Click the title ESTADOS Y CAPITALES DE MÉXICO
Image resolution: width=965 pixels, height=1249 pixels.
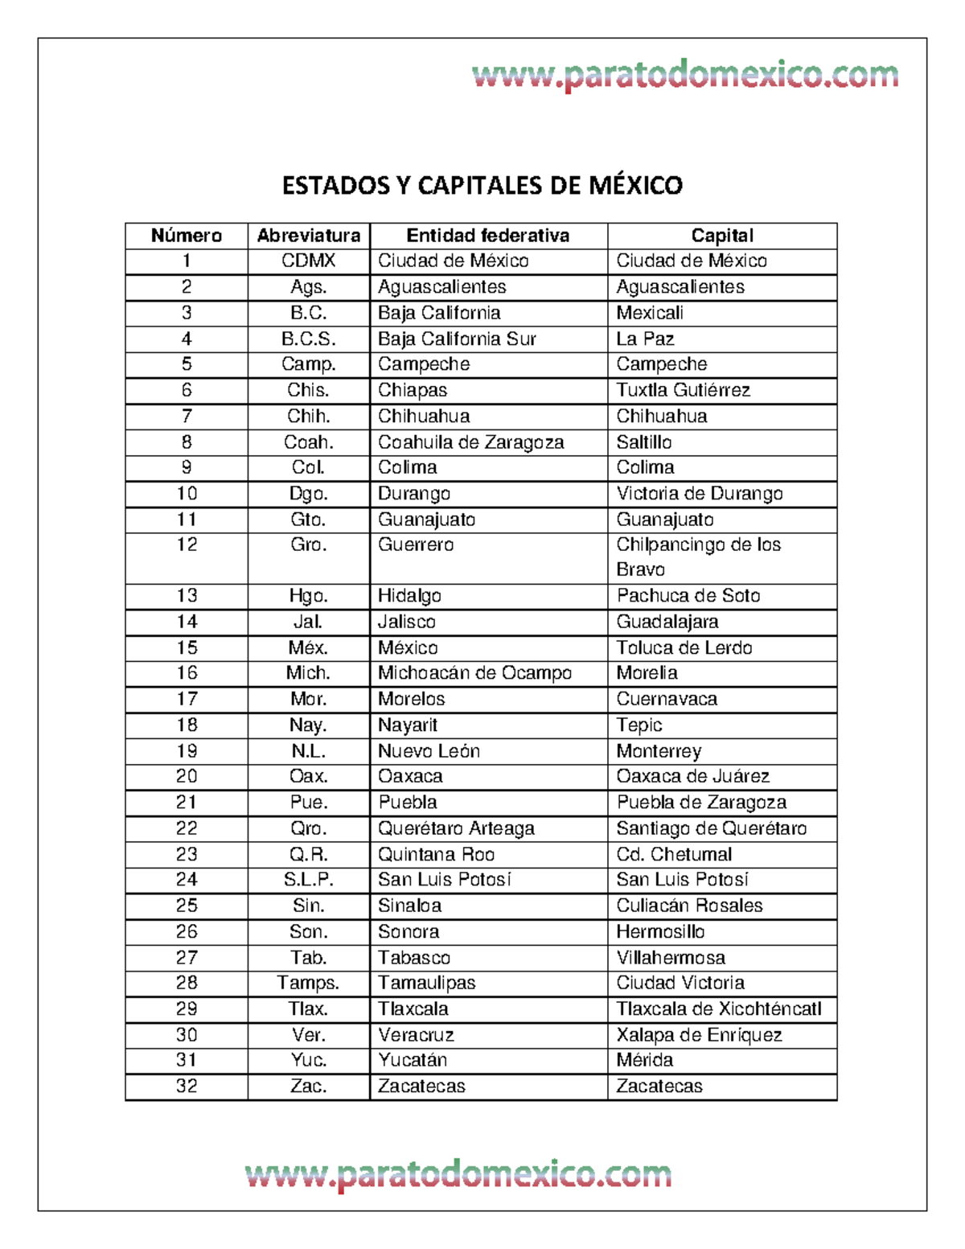point(482,186)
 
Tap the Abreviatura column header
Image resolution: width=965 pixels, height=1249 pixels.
point(309,236)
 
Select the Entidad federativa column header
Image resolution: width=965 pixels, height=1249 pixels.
point(487,236)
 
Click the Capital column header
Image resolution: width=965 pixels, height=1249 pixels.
point(721,236)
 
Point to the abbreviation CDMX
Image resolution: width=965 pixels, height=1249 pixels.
point(309,261)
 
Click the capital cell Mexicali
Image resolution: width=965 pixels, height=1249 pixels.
point(650,313)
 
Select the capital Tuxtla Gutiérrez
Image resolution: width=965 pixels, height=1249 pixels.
point(683,390)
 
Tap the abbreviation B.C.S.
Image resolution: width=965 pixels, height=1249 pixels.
point(309,339)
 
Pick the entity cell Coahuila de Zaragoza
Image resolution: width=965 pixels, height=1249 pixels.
point(470,442)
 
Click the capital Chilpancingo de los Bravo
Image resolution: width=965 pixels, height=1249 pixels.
point(698,557)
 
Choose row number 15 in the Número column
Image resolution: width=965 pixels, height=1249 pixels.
point(187,647)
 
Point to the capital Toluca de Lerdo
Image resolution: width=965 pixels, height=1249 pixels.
point(684,647)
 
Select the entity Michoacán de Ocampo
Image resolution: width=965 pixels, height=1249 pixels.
point(474,673)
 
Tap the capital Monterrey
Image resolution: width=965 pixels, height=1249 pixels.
point(659,751)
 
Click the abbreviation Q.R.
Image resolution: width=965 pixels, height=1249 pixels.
point(309,854)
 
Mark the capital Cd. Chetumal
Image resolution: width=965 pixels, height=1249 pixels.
point(674,854)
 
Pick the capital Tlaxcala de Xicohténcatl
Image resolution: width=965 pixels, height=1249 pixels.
point(718,1009)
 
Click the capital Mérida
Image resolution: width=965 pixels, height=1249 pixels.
point(644,1060)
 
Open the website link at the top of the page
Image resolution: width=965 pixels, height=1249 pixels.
point(685,76)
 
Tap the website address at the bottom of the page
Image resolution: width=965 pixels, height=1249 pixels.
point(458,1175)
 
